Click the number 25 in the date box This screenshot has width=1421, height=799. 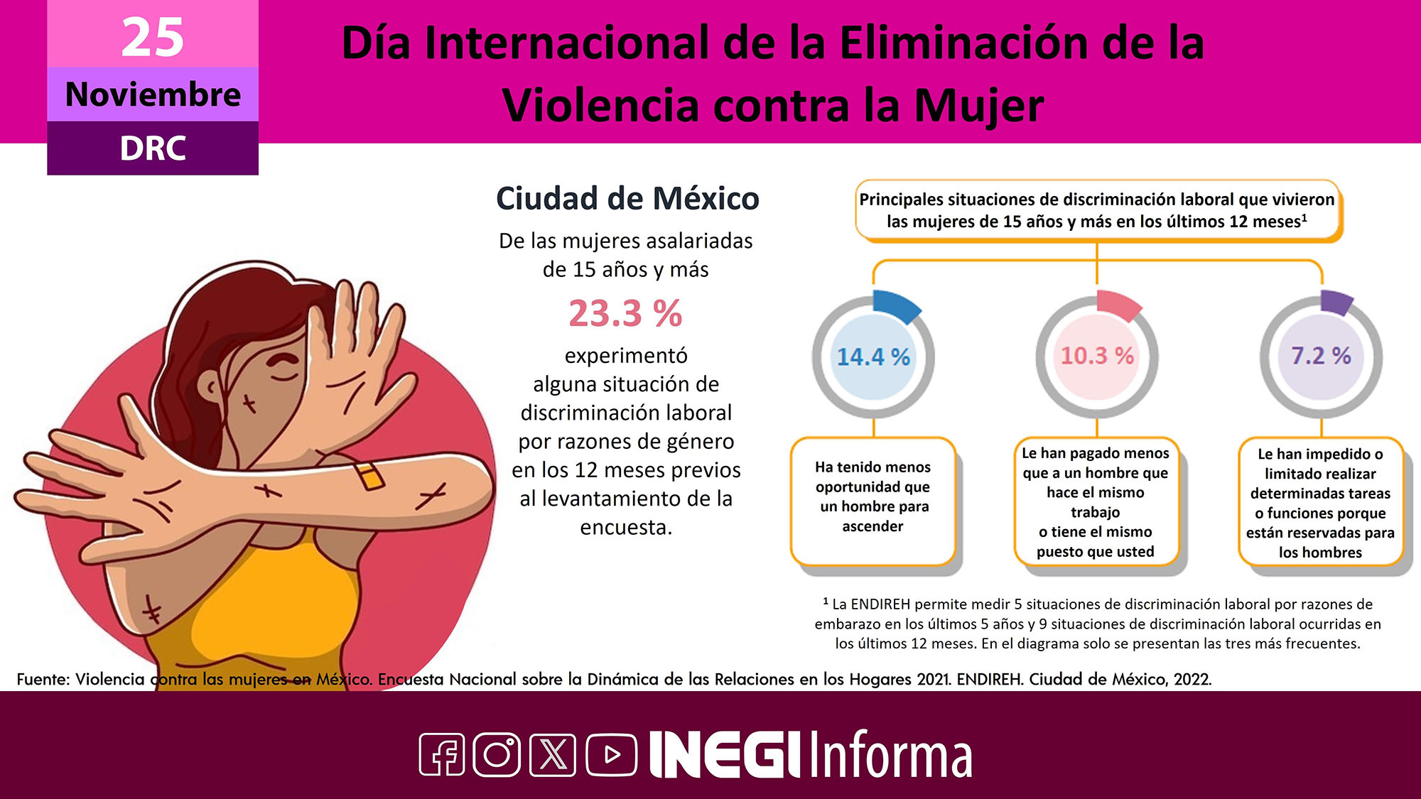point(153,37)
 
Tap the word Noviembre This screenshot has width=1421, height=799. point(153,94)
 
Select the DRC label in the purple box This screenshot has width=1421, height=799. point(153,148)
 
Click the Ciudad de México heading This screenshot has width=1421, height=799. point(627,198)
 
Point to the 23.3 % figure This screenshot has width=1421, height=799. point(625,313)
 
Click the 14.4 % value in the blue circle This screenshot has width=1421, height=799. point(873,357)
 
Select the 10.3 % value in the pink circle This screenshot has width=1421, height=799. point(1097,355)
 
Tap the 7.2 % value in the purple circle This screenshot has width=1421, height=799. point(1321,355)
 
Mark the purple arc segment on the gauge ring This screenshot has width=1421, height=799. point(1336,303)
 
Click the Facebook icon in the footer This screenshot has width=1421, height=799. point(442,754)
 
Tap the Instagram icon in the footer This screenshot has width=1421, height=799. point(497,754)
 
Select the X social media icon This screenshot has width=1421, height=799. point(553,754)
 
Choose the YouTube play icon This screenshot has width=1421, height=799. point(611,754)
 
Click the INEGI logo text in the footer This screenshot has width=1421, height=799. point(725,754)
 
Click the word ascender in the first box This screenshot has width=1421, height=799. point(872,526)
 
